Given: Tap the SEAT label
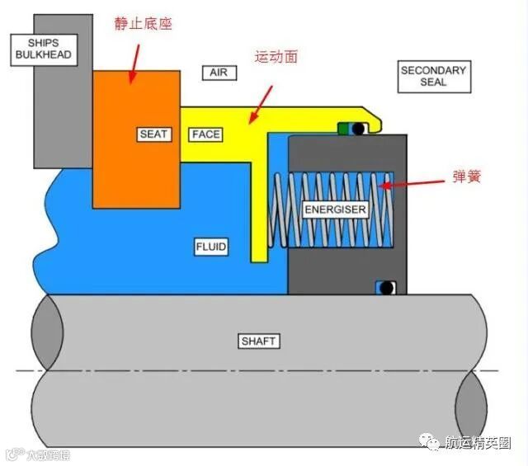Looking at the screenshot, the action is (153, 134).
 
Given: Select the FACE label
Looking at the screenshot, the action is (205, 134).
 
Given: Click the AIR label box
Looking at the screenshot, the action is (219, 73).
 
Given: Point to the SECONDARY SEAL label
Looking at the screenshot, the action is (433, 76).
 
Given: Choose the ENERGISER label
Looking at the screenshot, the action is (335, 209).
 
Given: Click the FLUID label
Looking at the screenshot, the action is (210, 247).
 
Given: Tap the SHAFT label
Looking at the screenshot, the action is (259, 341).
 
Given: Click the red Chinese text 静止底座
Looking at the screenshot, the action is (143, 24).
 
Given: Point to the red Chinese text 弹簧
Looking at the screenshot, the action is (467, 177).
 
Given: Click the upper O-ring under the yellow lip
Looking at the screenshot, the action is (358, 129).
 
